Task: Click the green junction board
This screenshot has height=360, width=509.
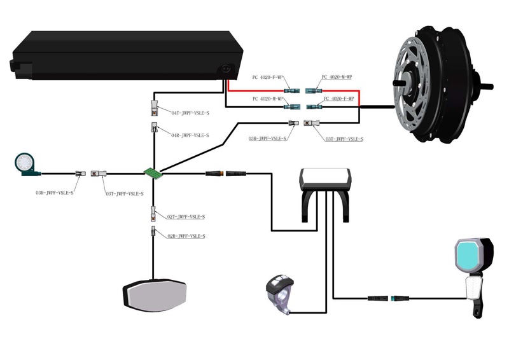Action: tap(152, 172)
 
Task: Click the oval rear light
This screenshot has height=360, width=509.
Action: tap(155, 296)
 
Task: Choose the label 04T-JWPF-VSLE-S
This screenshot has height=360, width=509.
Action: tap(190, 113)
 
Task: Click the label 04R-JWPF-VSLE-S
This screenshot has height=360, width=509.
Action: tap(190, 135)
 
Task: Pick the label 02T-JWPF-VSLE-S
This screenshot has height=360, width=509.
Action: tap(186, 217)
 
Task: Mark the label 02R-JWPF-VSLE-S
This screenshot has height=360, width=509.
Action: tap(186, 236)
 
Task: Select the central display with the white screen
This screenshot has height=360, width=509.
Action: tap(326, 179)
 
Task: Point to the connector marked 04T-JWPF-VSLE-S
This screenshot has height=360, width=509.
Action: tap(154, 104)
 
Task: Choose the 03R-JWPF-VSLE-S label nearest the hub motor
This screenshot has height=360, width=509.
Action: tap(267, 138)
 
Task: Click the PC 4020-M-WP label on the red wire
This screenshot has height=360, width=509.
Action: tap(337, 77)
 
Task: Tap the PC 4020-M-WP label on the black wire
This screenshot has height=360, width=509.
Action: tap(268, 99)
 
